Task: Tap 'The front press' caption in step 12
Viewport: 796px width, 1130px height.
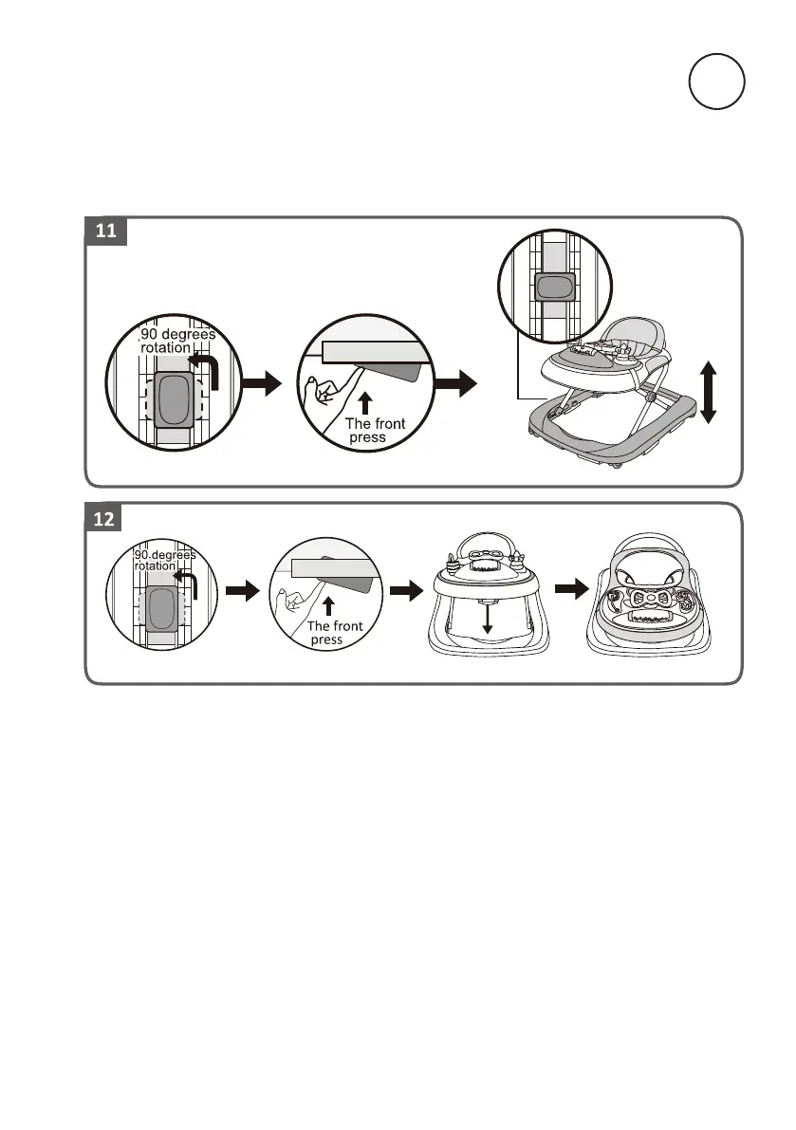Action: pyautogui.click(x=333, y=634)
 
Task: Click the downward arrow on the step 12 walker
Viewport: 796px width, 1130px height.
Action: pyautogui.click(x=487, y=618)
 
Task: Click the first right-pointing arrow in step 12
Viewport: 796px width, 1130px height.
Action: pyautogui.click(x=244, y=591)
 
